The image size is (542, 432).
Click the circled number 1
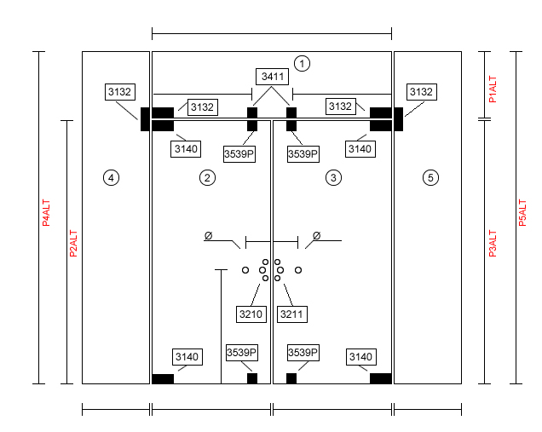point(302,64)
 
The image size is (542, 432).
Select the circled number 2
point(207,178)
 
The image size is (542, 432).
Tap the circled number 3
point(333,178)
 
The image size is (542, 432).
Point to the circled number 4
point(111,178)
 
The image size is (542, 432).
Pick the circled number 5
point(430,178)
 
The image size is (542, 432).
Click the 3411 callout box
point(273,77)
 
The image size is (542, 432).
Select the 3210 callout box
point(251,314)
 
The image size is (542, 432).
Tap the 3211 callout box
point(292,314)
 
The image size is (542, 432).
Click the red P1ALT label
point(493,89)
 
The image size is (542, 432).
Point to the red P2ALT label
point(73,244)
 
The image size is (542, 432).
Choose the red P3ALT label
point(493,244)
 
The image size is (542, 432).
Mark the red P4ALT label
point(46,212)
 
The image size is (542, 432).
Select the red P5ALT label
point(522,212)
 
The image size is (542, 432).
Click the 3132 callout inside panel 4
point(120,92)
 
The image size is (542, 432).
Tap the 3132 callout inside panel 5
point(422,92)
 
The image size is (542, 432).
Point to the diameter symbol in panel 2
point(208,236)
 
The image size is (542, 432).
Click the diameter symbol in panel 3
point(317,236)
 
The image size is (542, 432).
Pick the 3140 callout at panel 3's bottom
point(361,357)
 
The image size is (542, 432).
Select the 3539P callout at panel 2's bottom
point(242,353)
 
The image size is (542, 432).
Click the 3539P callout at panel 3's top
point(303,153)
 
